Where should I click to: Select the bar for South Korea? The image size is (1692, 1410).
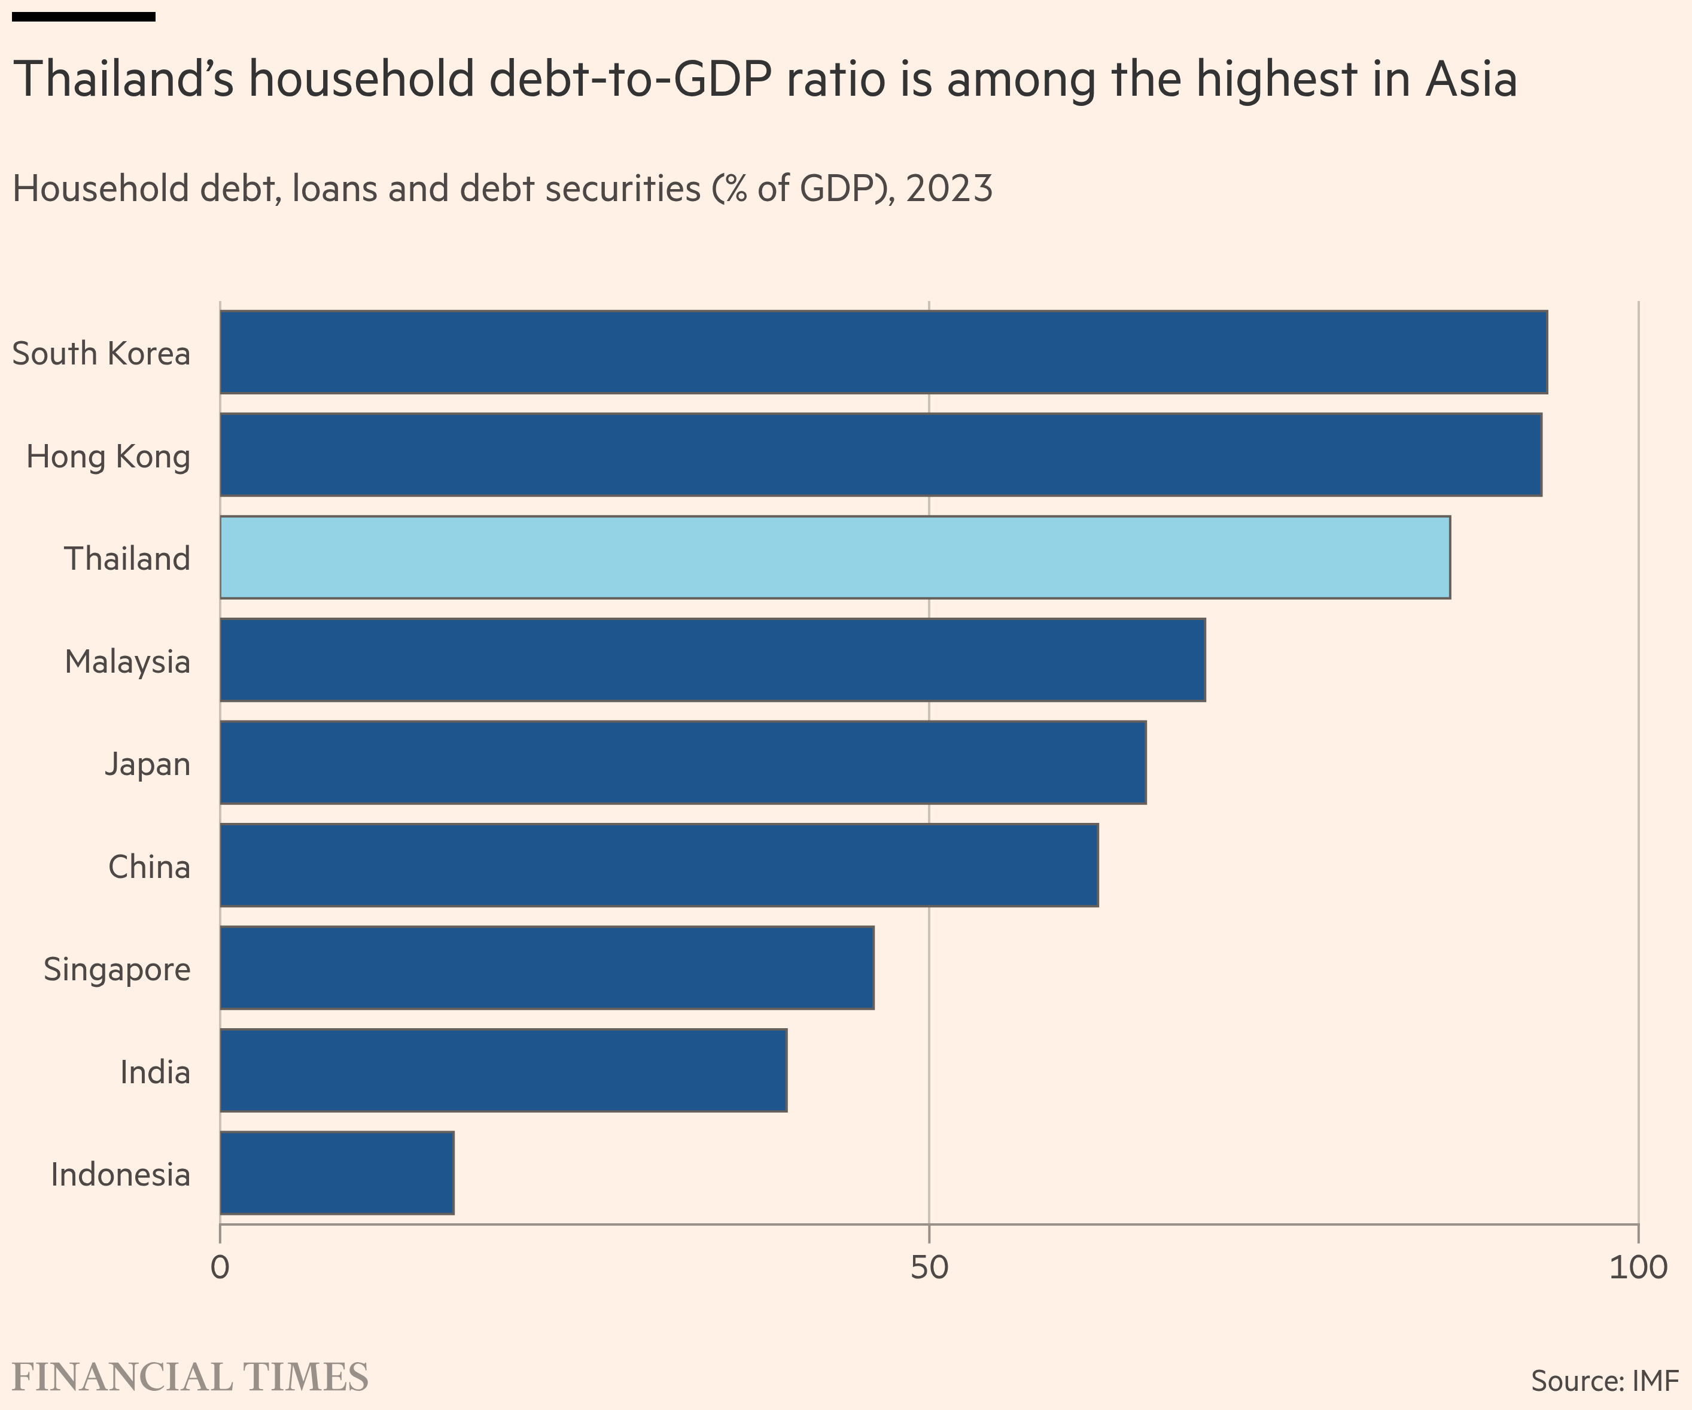(883, 352)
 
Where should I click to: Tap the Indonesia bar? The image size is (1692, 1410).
(337, 1173)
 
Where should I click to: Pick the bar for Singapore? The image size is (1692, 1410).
(547, 968)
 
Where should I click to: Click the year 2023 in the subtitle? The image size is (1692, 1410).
(949, 189)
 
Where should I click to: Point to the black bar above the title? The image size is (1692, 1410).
(84, 16)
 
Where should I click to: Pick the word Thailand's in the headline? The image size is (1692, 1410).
(124, 79)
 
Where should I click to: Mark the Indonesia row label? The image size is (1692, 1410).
(121, 1174)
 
